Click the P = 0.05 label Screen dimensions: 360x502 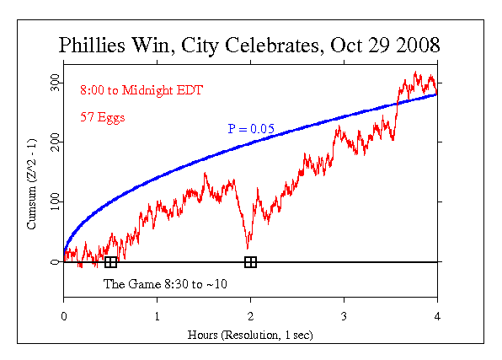coord(252,128)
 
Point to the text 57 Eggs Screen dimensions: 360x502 coord(103,117)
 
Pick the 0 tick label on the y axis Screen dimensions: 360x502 coord(56,262)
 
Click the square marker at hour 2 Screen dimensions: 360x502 coord(250,262)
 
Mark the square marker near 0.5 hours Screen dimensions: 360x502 coord(111,262)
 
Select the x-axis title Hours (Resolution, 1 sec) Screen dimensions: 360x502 coord(250,335)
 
